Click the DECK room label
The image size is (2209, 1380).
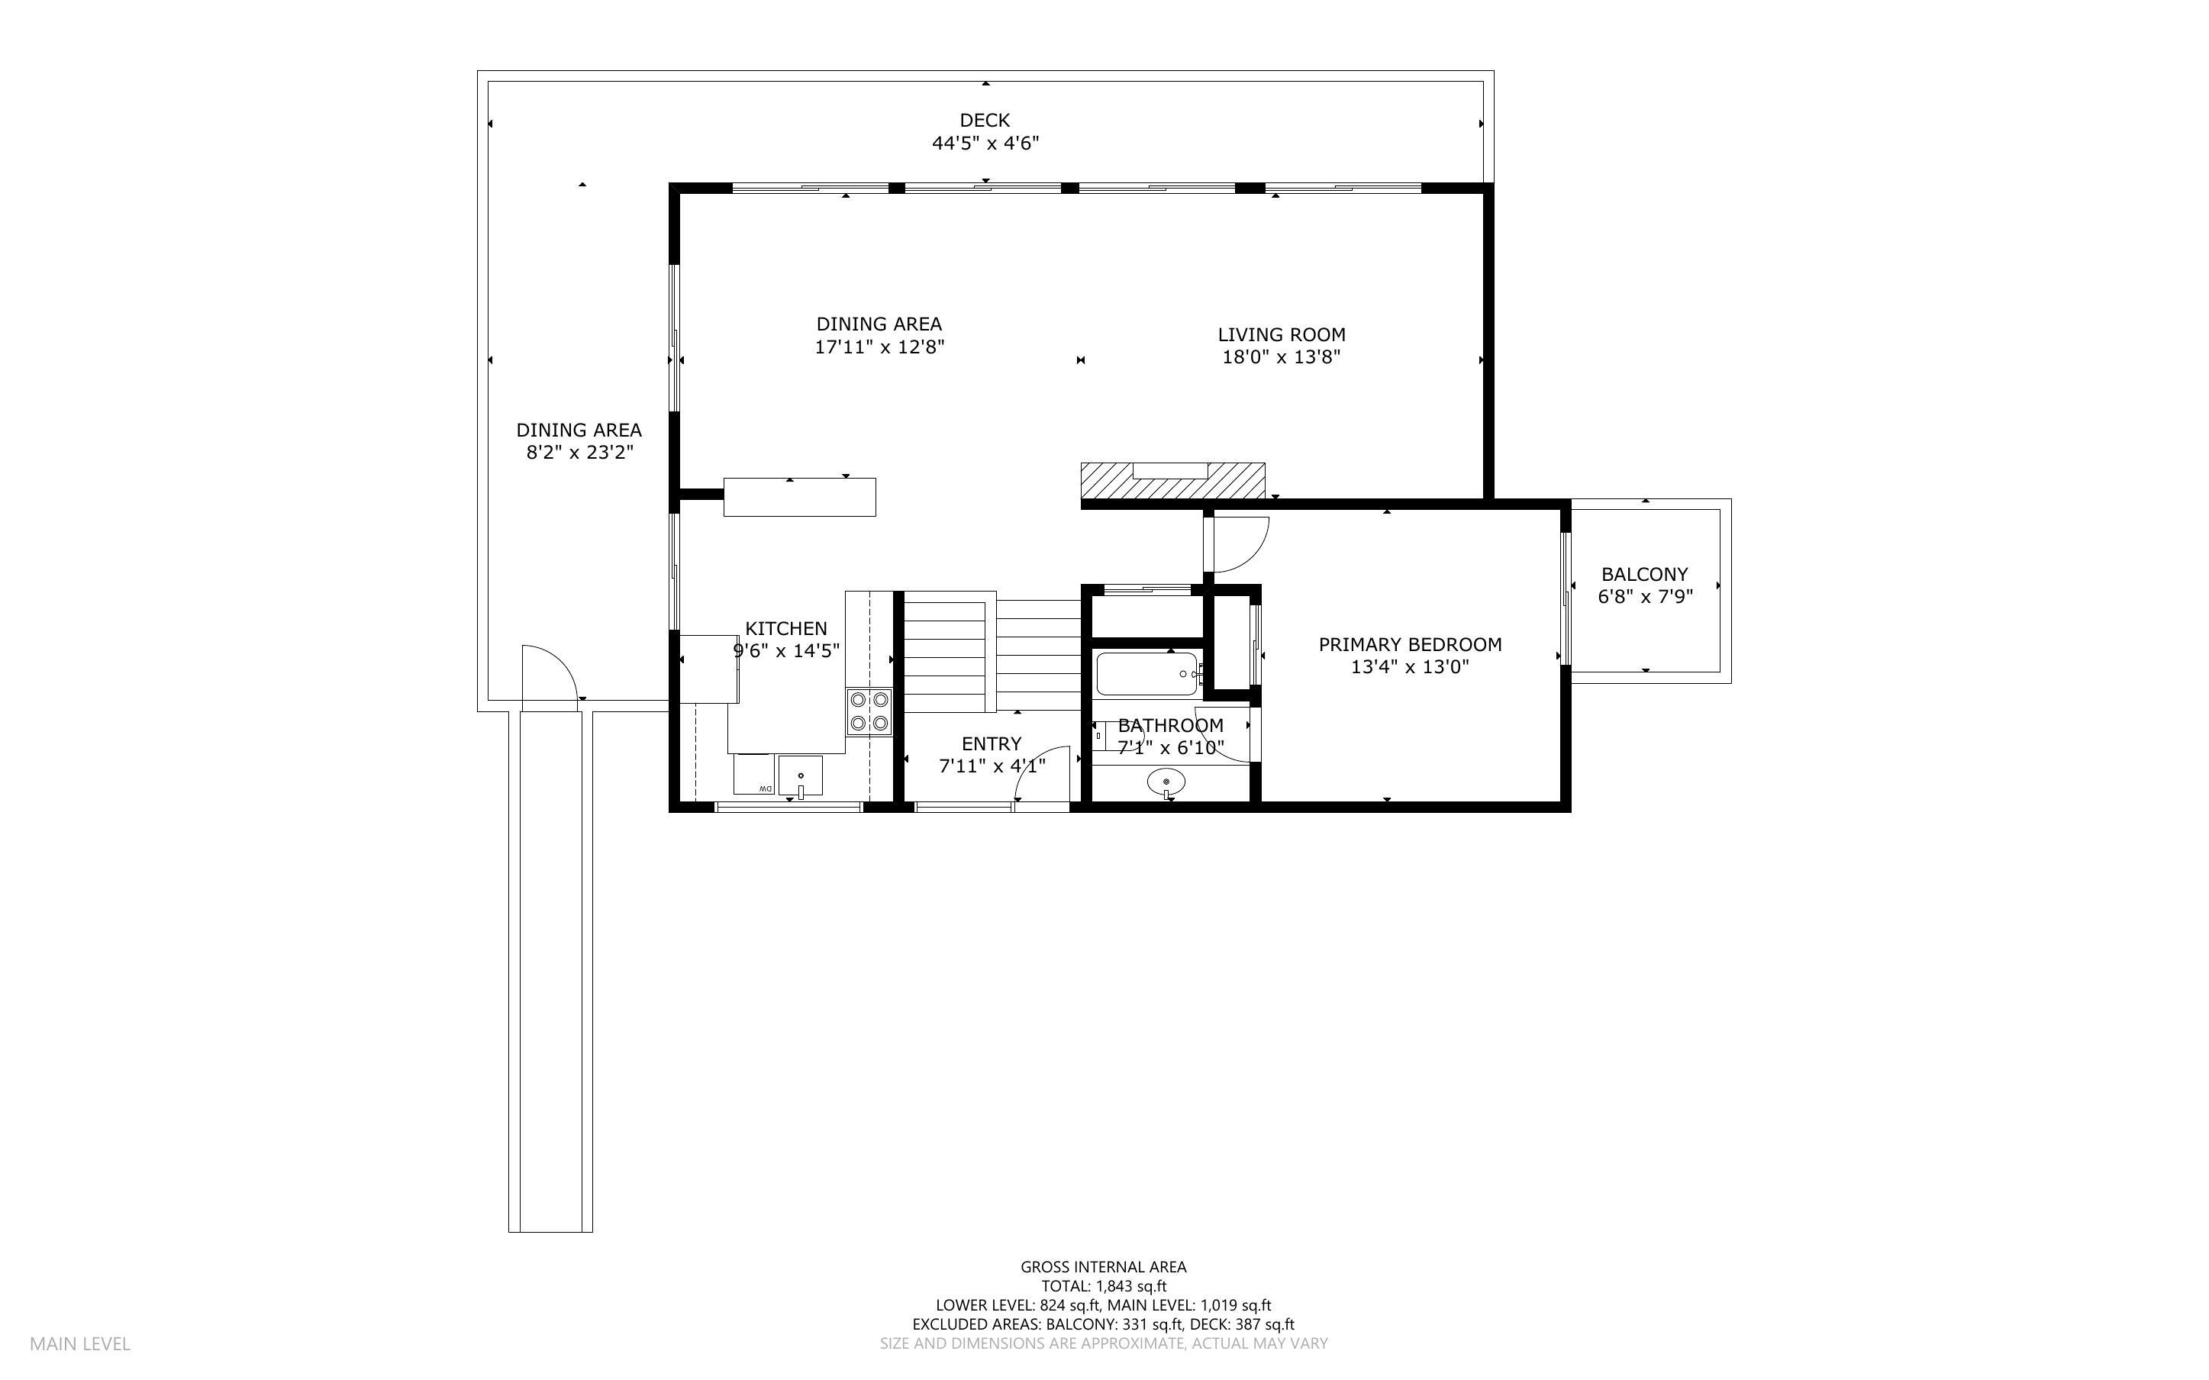pos(985,120)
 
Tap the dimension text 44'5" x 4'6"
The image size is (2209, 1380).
pos(985,143)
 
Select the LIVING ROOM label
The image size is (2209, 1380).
pos(1281,334)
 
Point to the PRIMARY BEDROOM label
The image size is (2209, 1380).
pos(1410,644)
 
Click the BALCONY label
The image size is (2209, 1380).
pos(1644,574)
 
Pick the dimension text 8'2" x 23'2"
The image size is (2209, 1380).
pos(579,453)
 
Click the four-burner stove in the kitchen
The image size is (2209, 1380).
pos(869,712)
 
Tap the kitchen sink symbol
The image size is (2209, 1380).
pos(800,775)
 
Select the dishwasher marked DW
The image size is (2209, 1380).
pos(753,775)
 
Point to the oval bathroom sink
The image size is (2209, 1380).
pos(1166,782)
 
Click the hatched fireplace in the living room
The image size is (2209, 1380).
pos(1172,481)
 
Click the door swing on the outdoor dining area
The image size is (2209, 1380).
pos(547,672)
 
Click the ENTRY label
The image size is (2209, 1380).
pos(991,744)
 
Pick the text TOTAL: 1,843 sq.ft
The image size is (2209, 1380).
pos(1103,1286)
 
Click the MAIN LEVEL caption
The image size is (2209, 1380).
pos(80,1343)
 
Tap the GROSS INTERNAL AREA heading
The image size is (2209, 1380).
pos(1103,1267)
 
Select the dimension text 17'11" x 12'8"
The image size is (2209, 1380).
pos(879,347)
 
